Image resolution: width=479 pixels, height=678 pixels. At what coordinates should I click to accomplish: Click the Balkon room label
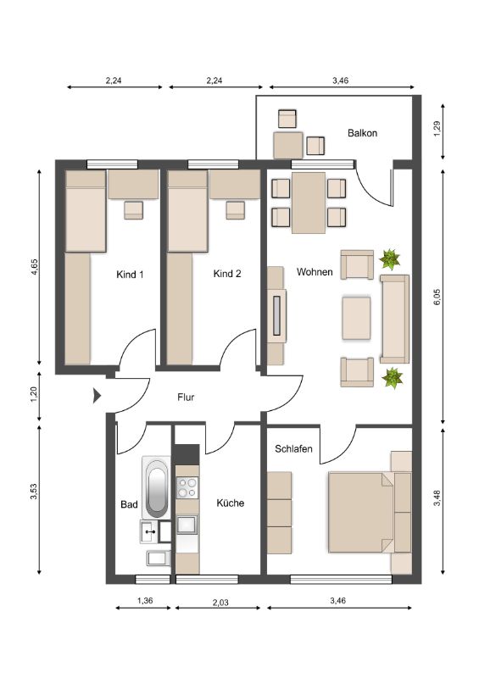click(x=362, y=133)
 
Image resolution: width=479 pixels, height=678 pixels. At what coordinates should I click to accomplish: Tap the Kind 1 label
click(x=130, y=274)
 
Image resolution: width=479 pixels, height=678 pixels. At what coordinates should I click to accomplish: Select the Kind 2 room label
click(x=227, y=274)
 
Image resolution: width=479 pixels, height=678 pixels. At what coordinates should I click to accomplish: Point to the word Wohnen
click(x=315, y=272)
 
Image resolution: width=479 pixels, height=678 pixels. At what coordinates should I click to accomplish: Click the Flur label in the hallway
click(x=186, y=397)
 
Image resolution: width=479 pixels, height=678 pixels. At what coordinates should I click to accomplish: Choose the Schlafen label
click(x=293, y=449)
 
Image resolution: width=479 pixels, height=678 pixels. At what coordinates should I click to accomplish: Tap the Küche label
click(x=231, y=503)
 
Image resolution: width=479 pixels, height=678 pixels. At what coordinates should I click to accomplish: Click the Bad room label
click(x=129, y=504)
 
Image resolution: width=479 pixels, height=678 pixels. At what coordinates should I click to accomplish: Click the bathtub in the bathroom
click(x=156, y=487)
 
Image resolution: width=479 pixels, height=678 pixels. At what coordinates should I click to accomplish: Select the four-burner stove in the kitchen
click(x=187, y=487)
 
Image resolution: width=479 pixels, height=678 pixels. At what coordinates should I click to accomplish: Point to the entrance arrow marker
click(x=97, y=395)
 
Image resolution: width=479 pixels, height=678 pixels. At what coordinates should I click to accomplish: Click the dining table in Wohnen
click(x=309, y=203)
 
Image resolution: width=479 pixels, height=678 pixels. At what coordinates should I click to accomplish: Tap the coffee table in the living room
click(x=357, y=318)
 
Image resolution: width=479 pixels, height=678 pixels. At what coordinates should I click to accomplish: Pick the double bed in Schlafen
click(x=361, y=512)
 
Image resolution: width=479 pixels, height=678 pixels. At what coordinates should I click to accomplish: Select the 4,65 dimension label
click(x=35, y=266)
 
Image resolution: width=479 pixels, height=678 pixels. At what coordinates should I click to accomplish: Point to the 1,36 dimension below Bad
click(x=145, y=600)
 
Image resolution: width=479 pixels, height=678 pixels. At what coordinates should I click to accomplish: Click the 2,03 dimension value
click(x=220, y=602)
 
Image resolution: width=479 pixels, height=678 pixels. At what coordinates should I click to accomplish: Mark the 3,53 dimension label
click(x=34, y=492)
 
